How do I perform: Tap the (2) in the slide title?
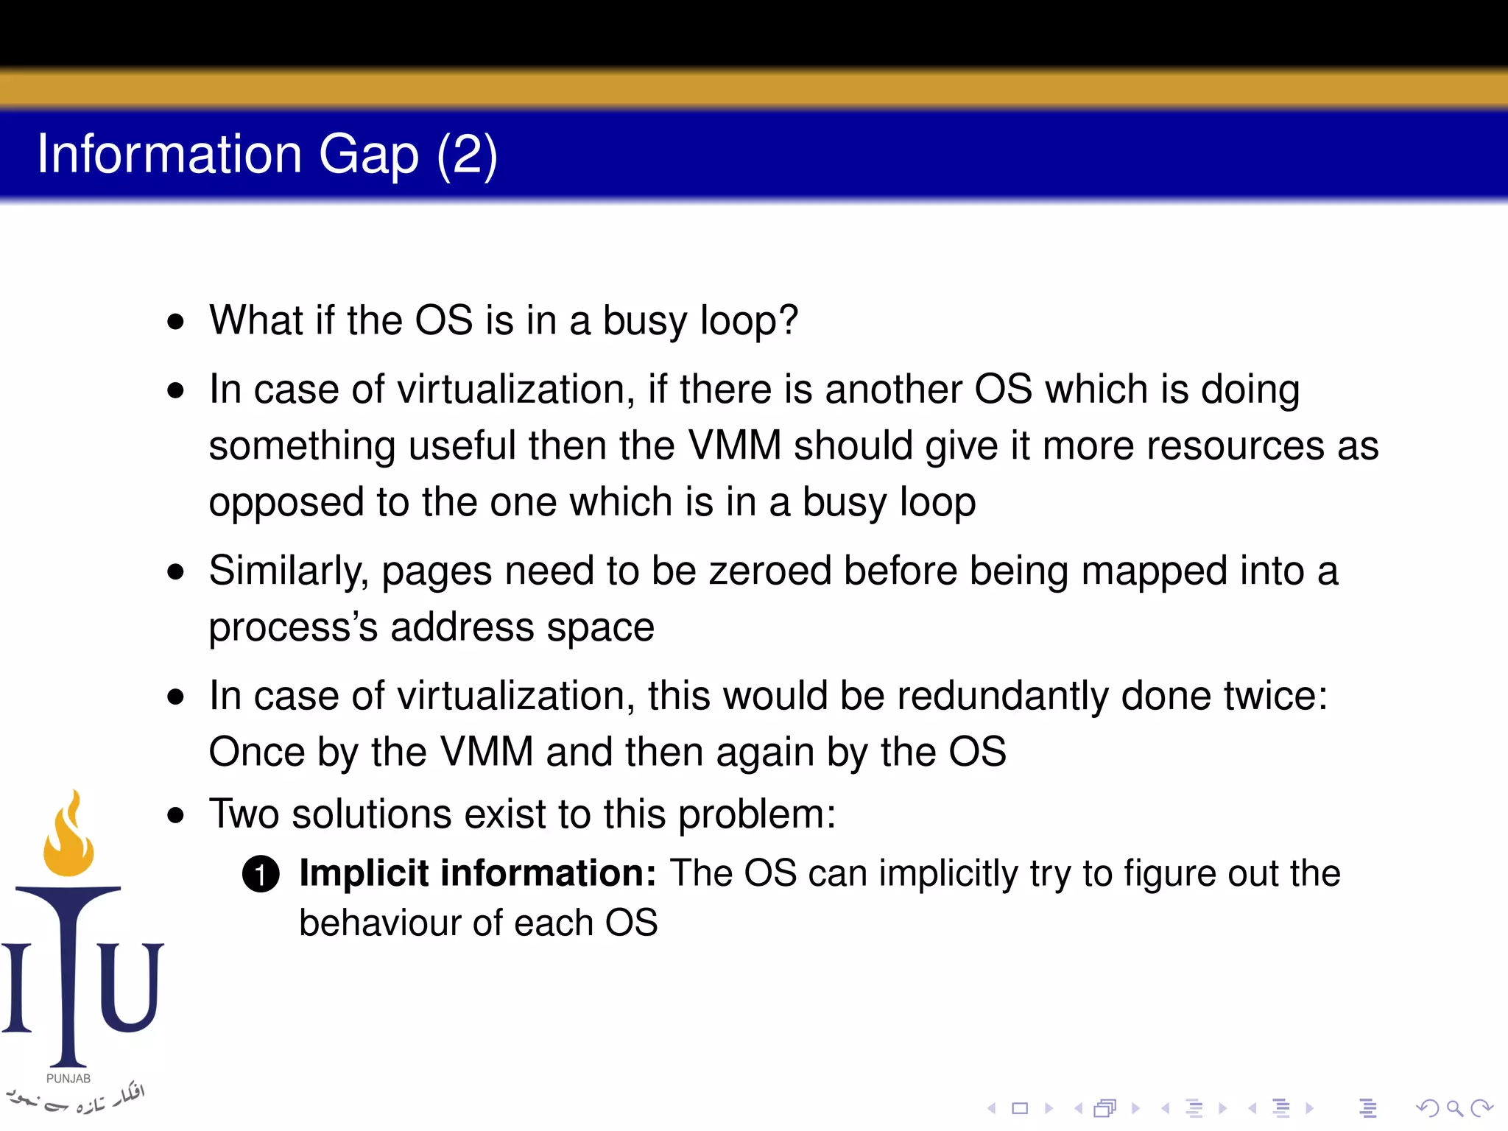467,155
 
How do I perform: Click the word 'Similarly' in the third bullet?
288,571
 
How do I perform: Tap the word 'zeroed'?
769,571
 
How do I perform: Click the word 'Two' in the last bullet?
244,814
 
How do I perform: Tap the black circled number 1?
261,874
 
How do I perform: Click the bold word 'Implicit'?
364,873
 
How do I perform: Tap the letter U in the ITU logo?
130,987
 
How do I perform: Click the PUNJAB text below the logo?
68,1079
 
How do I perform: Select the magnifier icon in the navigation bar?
1454,1107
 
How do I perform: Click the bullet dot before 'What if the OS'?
175,322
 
